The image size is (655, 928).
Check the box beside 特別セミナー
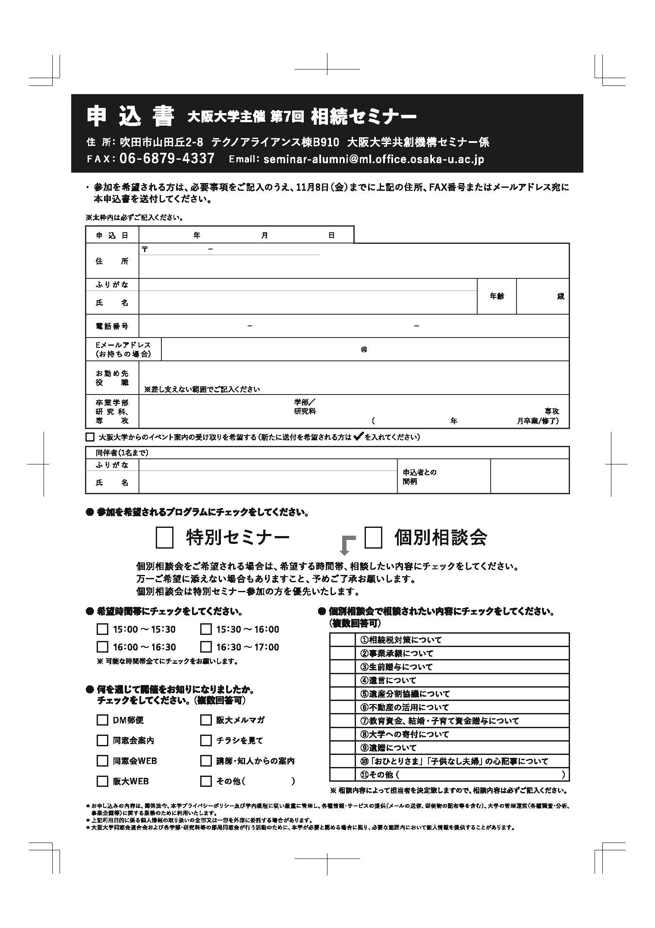click(164, 538)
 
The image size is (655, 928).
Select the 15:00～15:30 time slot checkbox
click(102, 629)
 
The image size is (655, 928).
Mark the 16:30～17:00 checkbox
click(206, 647)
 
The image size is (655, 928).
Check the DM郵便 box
click(102, 720)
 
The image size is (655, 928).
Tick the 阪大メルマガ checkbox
click(206, 720)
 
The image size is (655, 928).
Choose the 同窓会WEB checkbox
click(102, 761)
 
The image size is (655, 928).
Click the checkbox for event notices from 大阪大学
click(90, 437)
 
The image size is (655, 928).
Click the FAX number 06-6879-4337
click(167, 158)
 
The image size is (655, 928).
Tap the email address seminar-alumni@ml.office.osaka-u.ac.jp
click(373, 159)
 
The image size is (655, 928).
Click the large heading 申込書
click(130, 116)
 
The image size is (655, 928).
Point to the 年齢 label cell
click(497, 297)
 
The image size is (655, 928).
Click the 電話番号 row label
click(112, 326)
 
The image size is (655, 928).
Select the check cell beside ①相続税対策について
click(342, 640)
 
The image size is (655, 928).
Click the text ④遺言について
click(388, 680)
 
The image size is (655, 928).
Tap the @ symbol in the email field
click(364, 349)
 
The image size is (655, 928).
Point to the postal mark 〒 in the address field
click(145, 249)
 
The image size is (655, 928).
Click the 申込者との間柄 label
click(419, 477)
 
